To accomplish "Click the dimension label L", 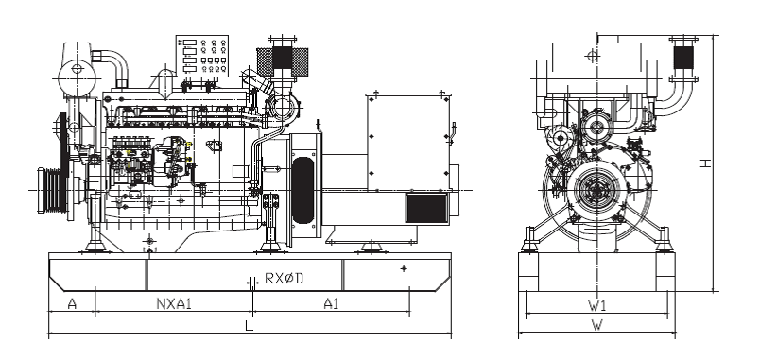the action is (250, 325).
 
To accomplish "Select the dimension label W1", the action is (597, 305).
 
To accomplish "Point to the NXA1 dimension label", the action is (175, 304).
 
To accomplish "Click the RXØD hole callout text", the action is (284, 279).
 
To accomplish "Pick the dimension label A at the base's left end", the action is (72, 304).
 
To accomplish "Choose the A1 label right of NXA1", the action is (331, 304).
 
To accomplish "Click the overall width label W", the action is (597, 325).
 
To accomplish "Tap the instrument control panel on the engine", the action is (202, 56).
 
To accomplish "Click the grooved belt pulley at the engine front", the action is (52, 190).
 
